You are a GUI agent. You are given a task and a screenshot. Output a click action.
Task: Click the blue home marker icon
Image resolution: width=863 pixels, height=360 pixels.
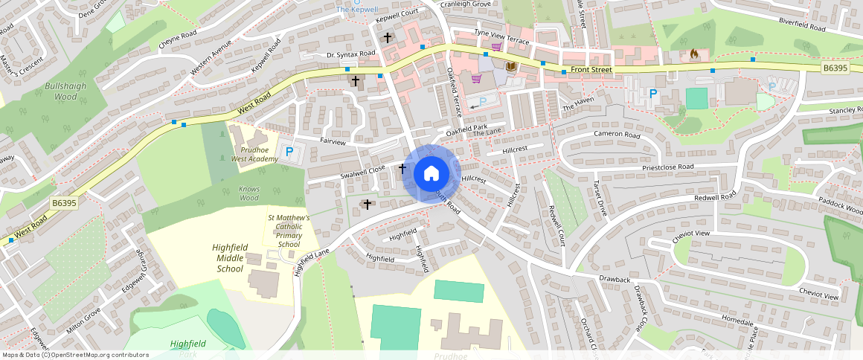[x=431, y=174]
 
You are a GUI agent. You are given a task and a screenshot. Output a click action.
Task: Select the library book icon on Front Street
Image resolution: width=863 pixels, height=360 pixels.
[x=511, y=67]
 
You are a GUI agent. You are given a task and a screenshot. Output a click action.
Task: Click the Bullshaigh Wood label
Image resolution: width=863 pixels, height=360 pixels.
[x=61, y=91]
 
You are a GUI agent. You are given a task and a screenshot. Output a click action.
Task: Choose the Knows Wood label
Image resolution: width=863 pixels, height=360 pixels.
[x=249, y=193]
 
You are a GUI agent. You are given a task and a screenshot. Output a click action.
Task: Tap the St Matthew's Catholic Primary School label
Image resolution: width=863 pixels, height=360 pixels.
[x=289, y=231]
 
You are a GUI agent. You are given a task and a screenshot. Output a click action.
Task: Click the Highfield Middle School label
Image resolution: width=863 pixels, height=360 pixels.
[x=229, y=258]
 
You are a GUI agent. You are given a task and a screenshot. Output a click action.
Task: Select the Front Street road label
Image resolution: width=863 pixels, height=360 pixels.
[x=591, y=70]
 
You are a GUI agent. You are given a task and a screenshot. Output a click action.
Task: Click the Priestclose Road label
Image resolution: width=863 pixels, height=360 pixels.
[x=661, y=167]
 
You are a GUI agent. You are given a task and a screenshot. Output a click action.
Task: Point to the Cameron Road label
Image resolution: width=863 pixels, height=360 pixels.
[x=617, y=135]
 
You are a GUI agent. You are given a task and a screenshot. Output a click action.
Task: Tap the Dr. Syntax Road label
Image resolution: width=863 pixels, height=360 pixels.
[x=351, y=54]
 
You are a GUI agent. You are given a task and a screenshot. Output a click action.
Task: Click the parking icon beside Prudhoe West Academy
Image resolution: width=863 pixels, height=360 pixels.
[x=289, y=152]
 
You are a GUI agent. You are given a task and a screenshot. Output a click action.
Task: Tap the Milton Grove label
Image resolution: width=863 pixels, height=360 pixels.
[x=83, y=316]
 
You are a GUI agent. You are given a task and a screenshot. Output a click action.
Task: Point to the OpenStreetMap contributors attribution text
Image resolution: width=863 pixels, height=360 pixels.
[x=75, y=355]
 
